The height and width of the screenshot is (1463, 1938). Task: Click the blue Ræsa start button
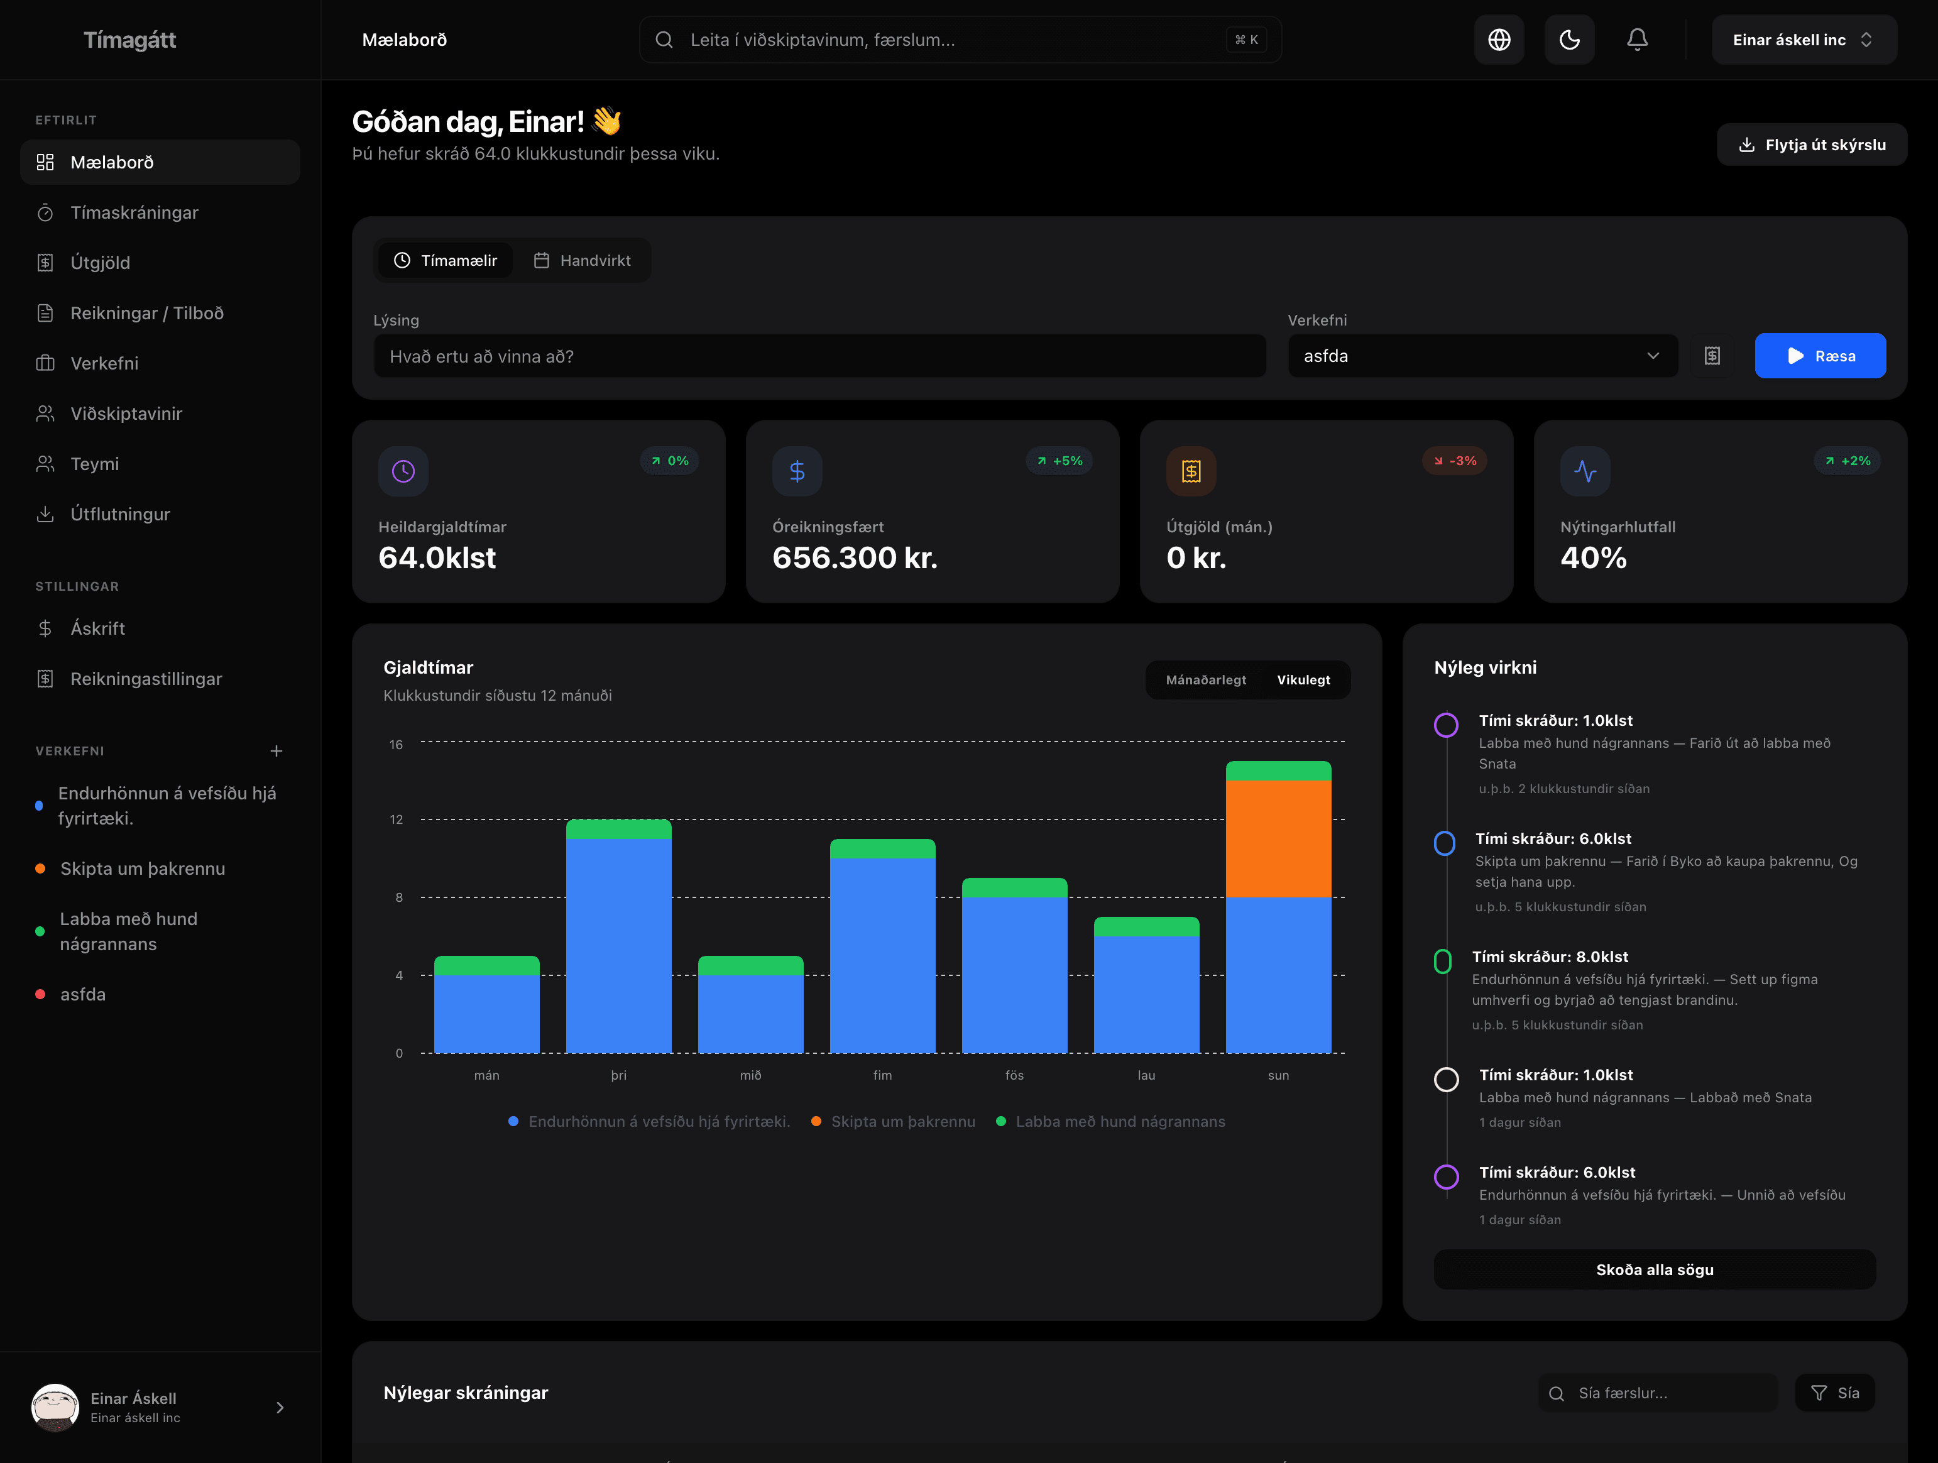[1820, 356]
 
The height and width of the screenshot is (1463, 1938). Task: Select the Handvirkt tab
[582, 260]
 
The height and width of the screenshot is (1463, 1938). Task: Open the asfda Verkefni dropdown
[1482, 356]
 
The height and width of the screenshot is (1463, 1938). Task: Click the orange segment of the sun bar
[1278, 838]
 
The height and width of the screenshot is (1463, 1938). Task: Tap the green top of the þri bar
[618, 829]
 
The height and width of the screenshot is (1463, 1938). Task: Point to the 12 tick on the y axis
[396, 819]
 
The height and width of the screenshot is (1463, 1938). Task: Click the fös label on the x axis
[1014, 1075]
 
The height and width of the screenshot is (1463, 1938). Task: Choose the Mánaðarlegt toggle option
[1205, 680]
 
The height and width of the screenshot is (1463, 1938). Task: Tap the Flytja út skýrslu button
[1811, 145]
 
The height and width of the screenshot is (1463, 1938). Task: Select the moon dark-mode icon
[1568, 40]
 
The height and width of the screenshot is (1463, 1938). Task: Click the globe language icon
[1498, 40]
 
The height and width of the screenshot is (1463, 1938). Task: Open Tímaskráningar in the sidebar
[134, 213]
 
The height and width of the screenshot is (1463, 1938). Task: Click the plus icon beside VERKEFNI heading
[276, 751]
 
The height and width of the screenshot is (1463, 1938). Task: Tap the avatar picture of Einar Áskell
[54, 1407]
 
